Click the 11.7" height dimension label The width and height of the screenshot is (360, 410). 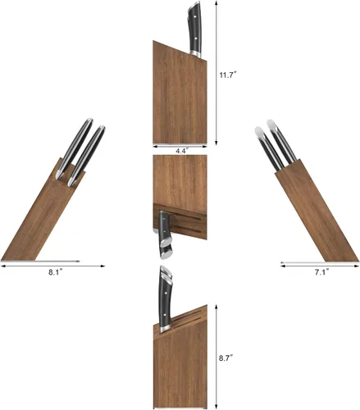coord(228,75)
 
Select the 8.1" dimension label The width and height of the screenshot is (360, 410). coord(56,272)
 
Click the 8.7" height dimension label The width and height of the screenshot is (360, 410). coord(226,358)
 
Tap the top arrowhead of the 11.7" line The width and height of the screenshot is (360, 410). coord(216,2)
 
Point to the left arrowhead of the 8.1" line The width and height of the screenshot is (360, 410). coord(2,266)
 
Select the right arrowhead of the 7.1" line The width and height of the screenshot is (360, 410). coord(356,266)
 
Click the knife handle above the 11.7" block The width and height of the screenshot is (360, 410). coord(195,30)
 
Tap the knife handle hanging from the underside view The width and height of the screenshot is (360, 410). coord(165,235)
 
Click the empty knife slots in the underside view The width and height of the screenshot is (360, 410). coord(189,223)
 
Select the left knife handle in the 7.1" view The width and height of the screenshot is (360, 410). coord(269,149)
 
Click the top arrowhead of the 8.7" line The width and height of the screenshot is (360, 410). coord(216,307)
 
